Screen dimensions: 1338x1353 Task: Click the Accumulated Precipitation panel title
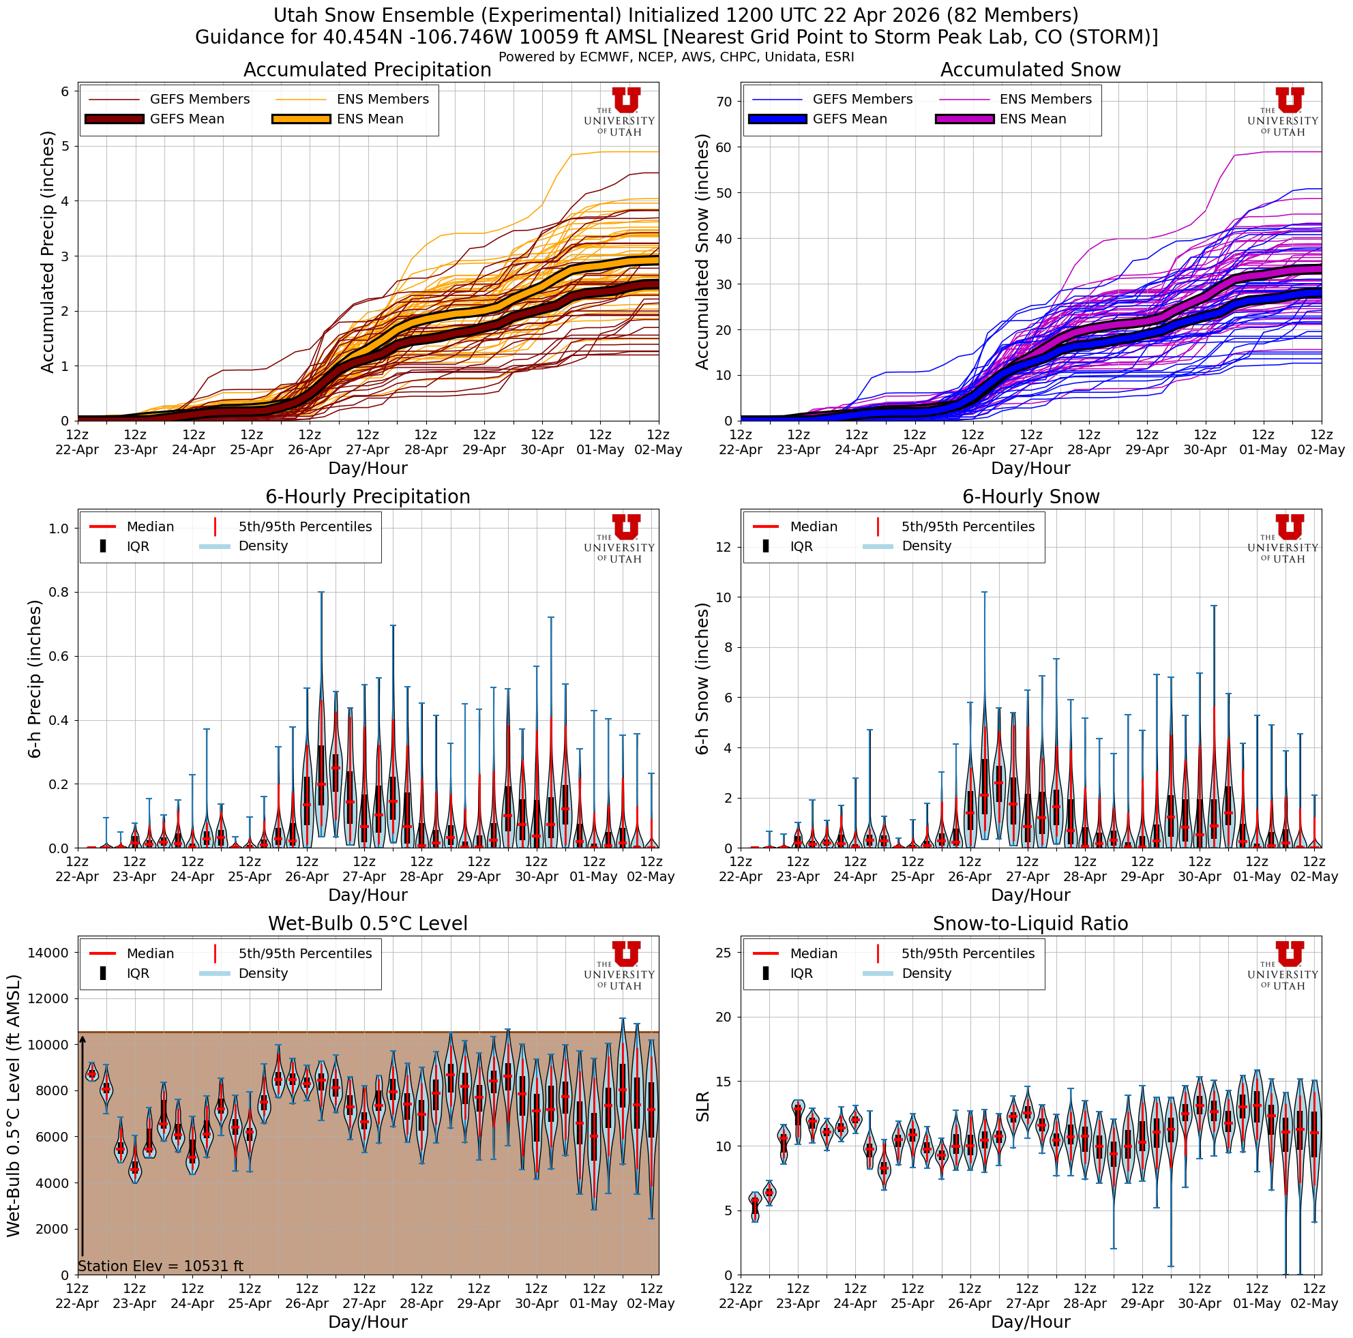pyautogui.click(x=367, y=70)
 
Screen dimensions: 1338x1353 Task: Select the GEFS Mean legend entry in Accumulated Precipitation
pyautogui.click(x=186, y=119)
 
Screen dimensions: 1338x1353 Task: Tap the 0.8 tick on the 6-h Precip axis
pyautogui.click(x=59, y=593)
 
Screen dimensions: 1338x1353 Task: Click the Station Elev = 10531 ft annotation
pyautogui.click(x=160, y=1266)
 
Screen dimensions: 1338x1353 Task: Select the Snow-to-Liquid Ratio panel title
pyautogui.click(x=1030, y=923)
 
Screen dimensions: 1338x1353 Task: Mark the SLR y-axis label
pyautogui.click(x=702, y=1106)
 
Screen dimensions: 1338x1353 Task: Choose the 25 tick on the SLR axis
pyautogui.click(x=724, y=952)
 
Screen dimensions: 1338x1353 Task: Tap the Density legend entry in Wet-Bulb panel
pyautogui.click(x=263, y=973)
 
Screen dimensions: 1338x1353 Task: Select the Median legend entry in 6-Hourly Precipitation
pyautogui.click(x=150, y=526)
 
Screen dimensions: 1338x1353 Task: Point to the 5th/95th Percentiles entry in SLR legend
pyautogui.click(x=967, y=953)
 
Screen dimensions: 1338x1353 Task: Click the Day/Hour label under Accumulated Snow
pyautogui.click(x=1030, y=468)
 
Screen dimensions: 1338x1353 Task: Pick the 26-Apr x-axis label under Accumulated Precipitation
pyautogui.click(x=310, y=450)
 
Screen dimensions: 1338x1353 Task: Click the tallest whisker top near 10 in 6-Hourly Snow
pyautogui.click(x=984, y=593)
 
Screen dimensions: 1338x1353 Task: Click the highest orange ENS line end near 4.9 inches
pyautogui.click(x=657, y=151)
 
